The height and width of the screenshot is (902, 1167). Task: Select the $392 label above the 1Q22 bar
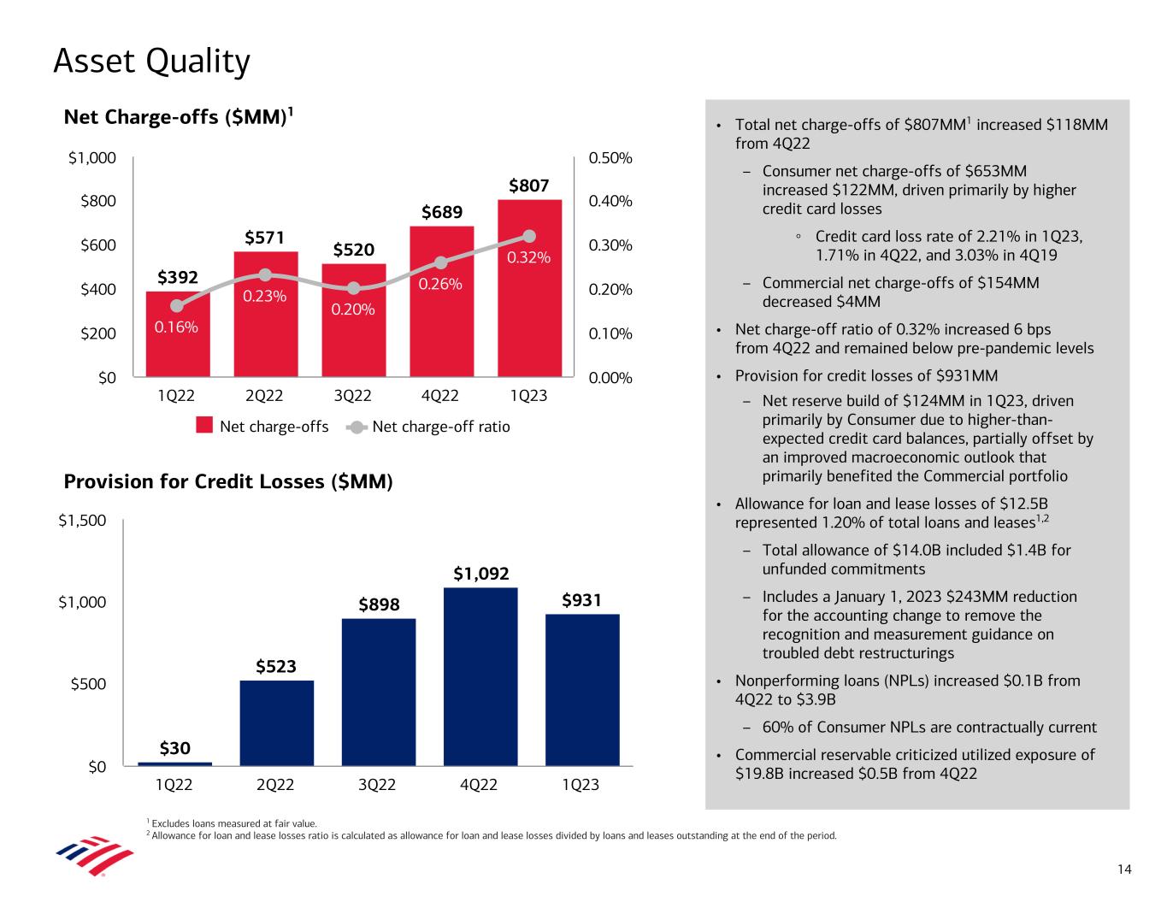(178, 277)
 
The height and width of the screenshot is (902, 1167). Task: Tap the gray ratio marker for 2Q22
(265, 274)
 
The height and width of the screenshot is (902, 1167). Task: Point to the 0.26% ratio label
(440, 283)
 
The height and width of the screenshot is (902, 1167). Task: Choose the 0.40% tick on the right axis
(610, 202)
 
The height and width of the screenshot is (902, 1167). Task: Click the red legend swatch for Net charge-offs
(204, 426)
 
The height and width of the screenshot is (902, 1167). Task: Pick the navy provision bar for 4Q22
(480, 675)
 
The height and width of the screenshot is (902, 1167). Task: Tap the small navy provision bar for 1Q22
(175, 763)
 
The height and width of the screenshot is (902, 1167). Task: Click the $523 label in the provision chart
(276, 666)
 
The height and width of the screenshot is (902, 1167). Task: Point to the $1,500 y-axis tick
(82, 521)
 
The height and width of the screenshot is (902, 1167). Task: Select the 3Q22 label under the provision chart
(377, 784)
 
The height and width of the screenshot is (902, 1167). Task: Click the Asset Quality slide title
(151, 62)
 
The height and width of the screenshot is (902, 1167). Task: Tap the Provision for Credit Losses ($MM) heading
(228, 482)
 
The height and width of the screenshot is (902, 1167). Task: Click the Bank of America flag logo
(95, 855)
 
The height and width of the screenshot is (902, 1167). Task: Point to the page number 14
(1124, 870)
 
